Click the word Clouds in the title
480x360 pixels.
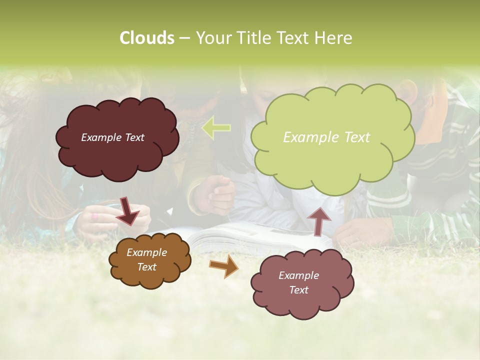tap(146, 38)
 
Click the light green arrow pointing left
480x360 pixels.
tap(216, 127)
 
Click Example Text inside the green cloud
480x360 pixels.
tap(326, 137)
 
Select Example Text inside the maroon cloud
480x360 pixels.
tap(112, 137)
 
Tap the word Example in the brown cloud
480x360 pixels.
tap(146, 252)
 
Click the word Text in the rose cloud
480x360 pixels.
tap(298, 290)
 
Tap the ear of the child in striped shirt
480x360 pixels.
tap(408, 91)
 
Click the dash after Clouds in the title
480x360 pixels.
tap(184, 38)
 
